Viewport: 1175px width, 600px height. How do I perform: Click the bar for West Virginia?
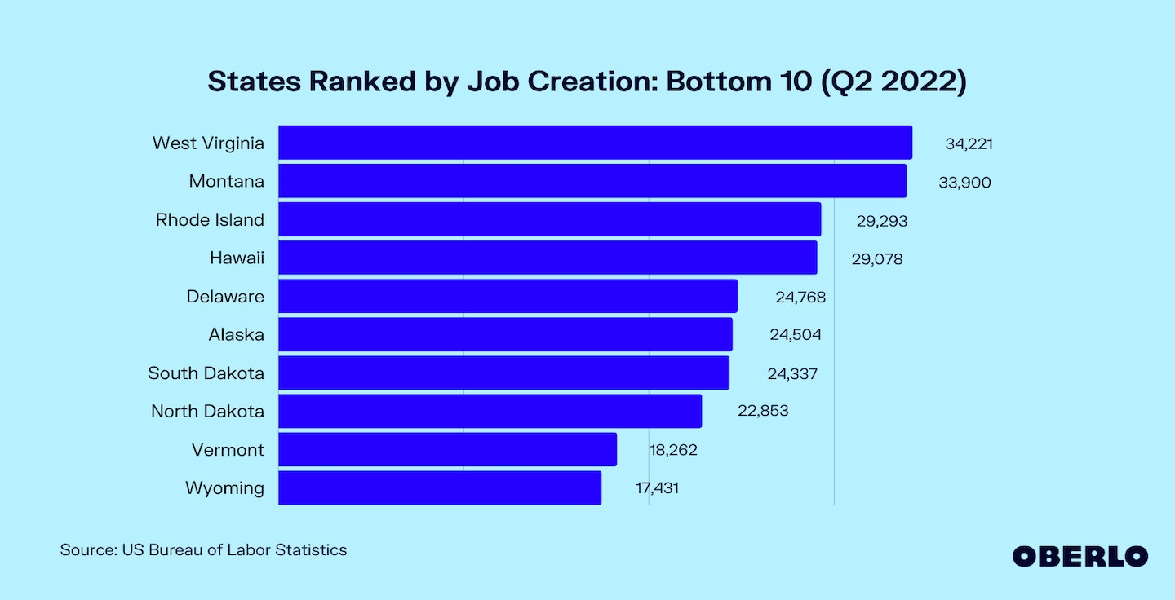pos(595,143)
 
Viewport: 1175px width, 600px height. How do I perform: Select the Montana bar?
pos(592,181)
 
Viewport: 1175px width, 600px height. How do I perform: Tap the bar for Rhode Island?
pos(549,219)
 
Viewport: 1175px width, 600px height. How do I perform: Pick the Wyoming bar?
pos(440,487)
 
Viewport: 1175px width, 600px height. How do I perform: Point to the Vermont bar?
pos(447,449)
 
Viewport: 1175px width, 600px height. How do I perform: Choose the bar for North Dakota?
pos(490,411)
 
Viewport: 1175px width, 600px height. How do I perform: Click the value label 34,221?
pos(969,144)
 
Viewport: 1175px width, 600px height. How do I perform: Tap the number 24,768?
pos(800,298)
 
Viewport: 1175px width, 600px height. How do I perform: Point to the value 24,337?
pos(792,374)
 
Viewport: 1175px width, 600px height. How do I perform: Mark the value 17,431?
pos(657,489)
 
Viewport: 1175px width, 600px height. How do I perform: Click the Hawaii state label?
pos(237,258)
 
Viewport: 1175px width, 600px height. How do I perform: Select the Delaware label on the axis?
pos(225,297)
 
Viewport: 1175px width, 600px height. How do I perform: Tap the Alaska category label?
pos(237,334)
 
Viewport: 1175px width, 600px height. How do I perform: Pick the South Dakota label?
pos(206,373)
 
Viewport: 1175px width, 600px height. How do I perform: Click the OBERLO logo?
pos(1080,557)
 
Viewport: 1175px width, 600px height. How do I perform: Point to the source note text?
pos(203,550)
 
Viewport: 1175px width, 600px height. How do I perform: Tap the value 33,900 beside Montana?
pos(964,183)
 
